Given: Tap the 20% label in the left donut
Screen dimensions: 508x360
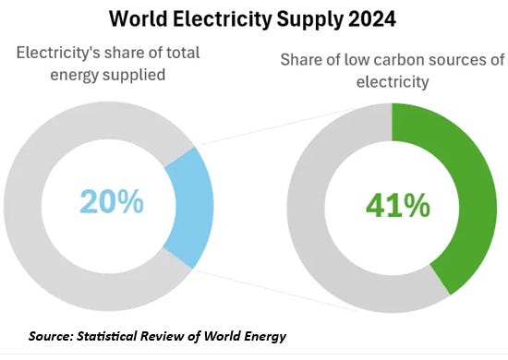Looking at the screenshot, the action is pyautogui.click(x=112, y=201).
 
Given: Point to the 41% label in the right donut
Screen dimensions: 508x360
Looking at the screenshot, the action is pyautogui.click(x=398, y=205).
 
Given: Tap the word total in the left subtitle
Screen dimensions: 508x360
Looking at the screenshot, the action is pyautogui.click(x=183, y=53).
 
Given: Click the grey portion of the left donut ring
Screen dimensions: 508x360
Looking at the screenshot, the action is pyautogui.click(x=23, y=207).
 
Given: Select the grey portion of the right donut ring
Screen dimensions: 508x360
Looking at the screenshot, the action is pyautogui.click(x=306, y=207).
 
